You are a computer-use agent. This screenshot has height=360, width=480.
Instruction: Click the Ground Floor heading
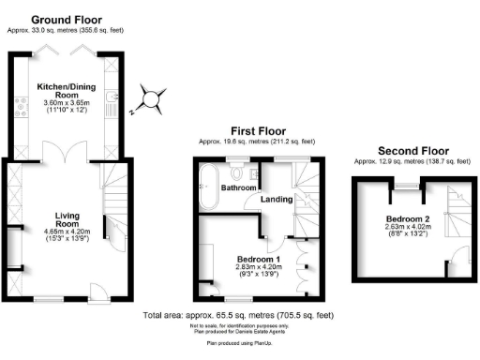coord(67,20)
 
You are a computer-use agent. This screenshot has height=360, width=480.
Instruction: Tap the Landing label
coord(276,198)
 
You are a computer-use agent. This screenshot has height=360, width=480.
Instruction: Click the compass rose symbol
coord(151,97)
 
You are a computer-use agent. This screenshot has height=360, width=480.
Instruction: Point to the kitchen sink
coord(112,97)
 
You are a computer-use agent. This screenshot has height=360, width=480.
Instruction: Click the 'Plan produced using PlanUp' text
coord(240,344)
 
